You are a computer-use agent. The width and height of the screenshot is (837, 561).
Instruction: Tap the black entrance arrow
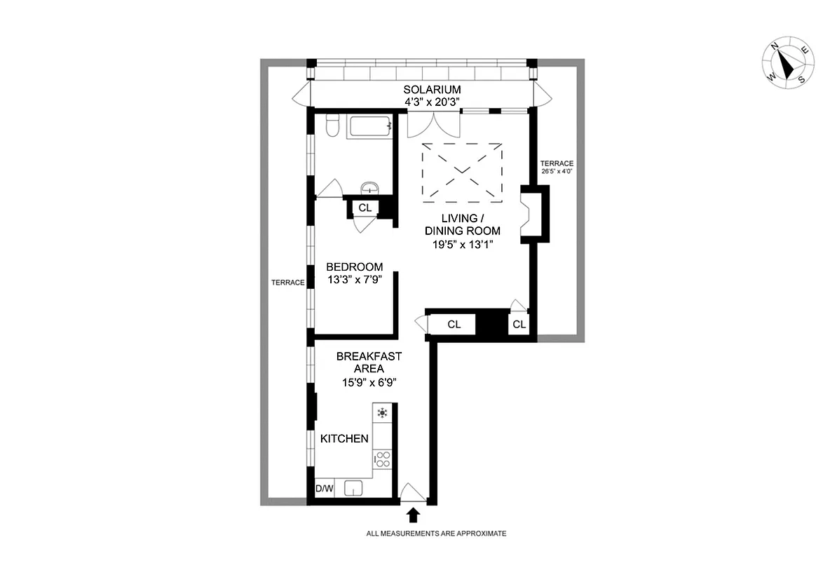click(413, 515)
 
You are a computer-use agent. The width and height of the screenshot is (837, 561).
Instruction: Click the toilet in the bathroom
click(334, 126)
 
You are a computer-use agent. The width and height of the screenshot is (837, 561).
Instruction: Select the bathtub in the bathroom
click(369, 127)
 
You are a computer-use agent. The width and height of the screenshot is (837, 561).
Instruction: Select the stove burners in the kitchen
click(383, 459)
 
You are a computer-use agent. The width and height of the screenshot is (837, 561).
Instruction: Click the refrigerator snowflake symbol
click(382, 413)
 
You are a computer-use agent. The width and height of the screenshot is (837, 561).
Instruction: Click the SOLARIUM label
click(432, 90)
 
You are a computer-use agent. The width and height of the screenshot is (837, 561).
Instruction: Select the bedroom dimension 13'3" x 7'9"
click(355, 280)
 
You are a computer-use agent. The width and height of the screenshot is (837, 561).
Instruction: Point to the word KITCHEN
click(344, 439)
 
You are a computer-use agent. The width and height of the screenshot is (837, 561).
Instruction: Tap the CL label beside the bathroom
click(365, 208)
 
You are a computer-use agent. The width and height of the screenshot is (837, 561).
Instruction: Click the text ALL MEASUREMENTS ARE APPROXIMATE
click(435, 534)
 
